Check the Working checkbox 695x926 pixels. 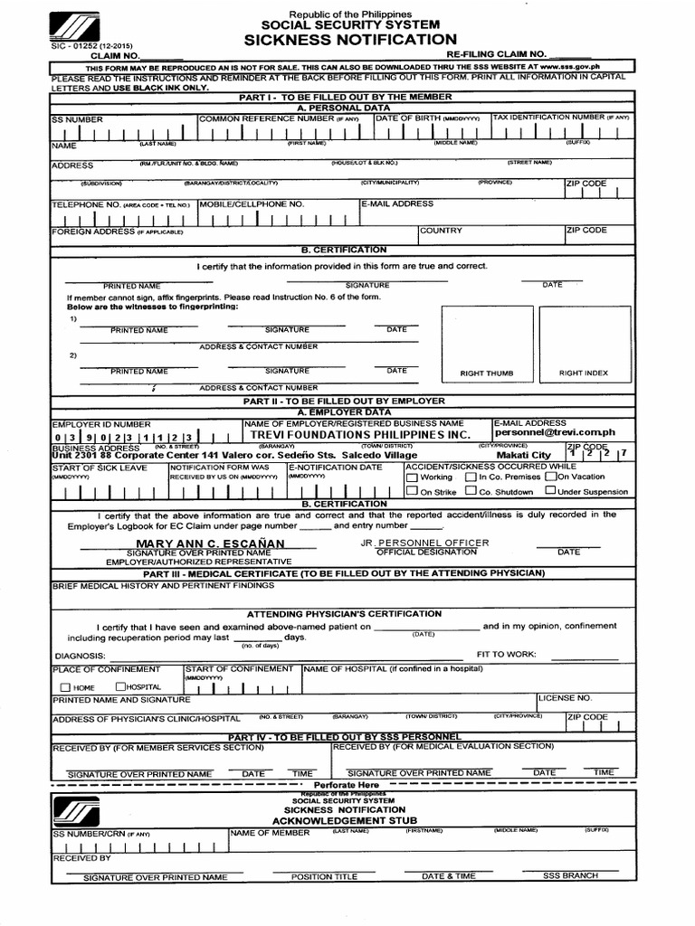point(412,477)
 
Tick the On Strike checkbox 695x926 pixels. point(412,491)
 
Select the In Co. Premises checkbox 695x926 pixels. point(471,477)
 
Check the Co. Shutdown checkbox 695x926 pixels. point(471,491)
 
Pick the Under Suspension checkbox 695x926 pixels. point(550,491)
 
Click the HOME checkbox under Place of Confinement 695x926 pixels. point(65,687)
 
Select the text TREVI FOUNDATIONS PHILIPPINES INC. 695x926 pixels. point(361,434)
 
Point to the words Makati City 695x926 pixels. point(523,455)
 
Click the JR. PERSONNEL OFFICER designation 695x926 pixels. point(424,543)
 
